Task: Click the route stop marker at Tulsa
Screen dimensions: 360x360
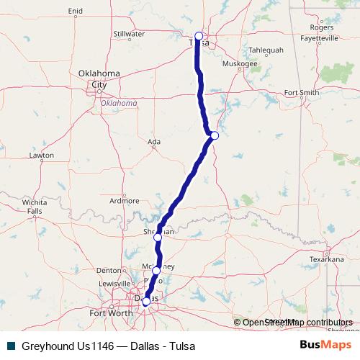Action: coord(199,36)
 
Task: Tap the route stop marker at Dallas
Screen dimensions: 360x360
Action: coord(145,302)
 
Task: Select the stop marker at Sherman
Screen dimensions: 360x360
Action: coord(158,237)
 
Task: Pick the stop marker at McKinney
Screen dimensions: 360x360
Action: coord(156,271)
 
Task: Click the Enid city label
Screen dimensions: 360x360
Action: coord(75,11)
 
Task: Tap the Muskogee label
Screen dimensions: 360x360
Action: coord(240,63)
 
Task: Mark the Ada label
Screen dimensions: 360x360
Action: coord(153,142)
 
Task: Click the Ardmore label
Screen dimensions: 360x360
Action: coord(130,200)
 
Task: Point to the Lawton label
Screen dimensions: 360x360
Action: coord(42,155)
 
